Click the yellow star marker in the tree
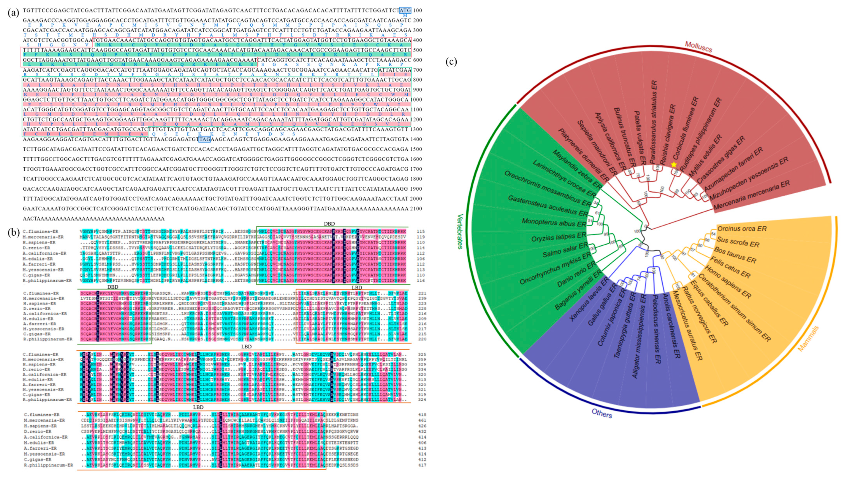674,164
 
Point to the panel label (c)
451,62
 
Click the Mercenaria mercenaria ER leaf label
751,196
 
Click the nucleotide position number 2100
417,209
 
